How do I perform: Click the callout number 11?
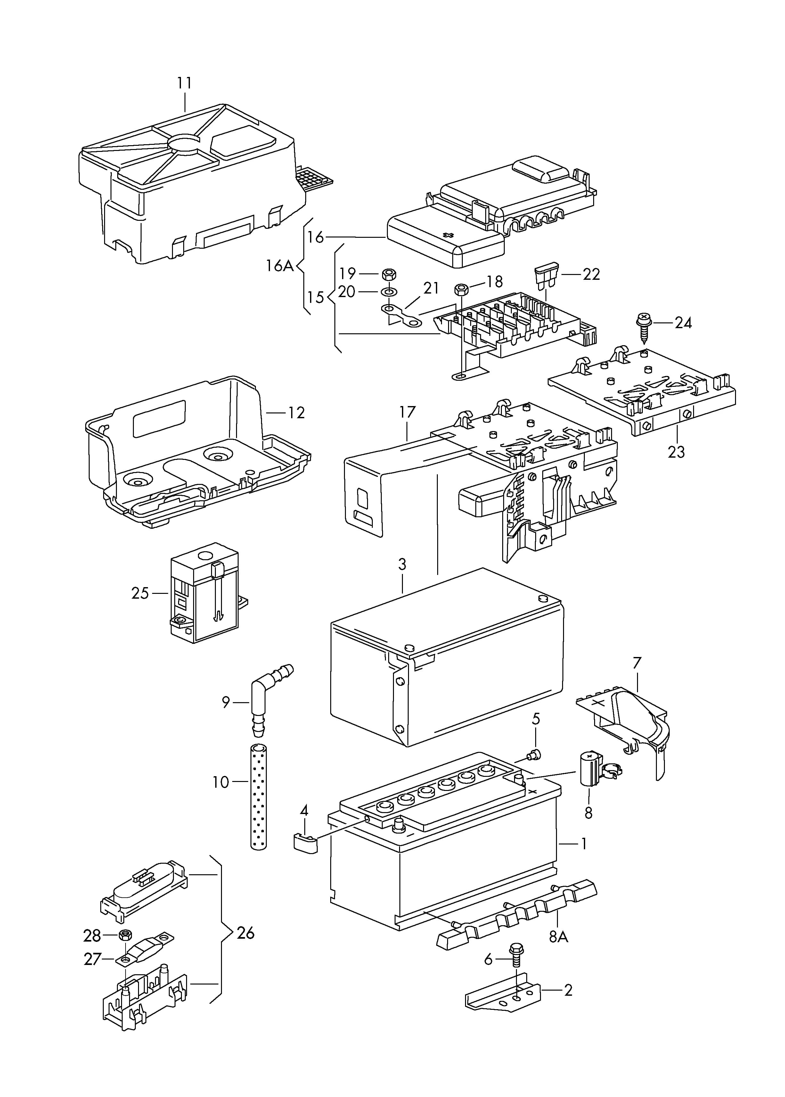click(x=184, y=83)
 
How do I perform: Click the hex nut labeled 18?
click(x=461, y=290)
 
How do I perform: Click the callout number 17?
click(x=407, y=412)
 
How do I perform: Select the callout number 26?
click(x=246, y=933)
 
